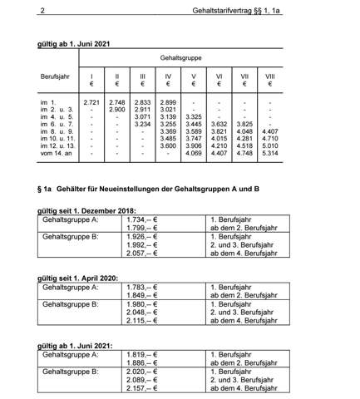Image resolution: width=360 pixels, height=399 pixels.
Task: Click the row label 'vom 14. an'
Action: (55, 153)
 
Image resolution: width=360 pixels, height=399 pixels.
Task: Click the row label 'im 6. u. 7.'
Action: (55, 123)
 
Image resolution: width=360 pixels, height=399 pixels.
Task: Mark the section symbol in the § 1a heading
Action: (41, 189)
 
